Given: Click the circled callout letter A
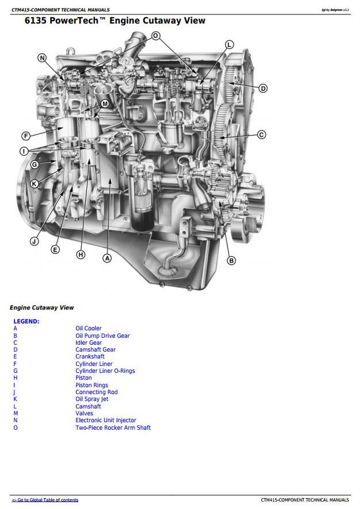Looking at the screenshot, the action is pyautogui.click(x=107, y=258).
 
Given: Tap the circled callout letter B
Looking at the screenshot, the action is pyautogui.click(x=231, y=260).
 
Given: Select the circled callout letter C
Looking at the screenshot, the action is pyautogui.click(x=261, y=134).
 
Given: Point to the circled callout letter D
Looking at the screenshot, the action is pyautogui.click(x=263, y=88).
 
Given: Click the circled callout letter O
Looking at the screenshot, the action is pyautogui.click(x=156, y=36).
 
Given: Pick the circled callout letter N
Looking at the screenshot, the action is pyautogui.click(x=42, y=58).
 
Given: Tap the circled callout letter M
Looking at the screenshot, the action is pyautogui.click(x=105, y=104).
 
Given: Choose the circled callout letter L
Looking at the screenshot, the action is pyautogui.click(x=229, y=45).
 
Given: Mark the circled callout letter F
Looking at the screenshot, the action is pyautogui.click(x=26, y=136).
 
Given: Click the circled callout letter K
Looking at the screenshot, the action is pyautogui.click(x=34, y=184).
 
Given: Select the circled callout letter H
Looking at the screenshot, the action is pyautogui.click(x=81, y=255).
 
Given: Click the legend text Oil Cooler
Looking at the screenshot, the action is pyautogui.click(x=89, y=329).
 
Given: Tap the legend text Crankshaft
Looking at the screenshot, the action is pyautogui.click(x=90, y=356).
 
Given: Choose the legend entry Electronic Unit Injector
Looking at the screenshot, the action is pyautogui.click(x=106, y=421).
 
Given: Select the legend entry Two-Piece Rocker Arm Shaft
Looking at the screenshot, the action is pyautogui.click(x=113, y=427).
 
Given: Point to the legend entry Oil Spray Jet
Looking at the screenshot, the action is pyautogui.click(x=92, y=399).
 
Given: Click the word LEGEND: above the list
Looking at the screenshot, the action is pyautogui.click(x=26, y=321).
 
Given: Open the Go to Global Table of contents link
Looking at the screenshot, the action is pyautogui.click(x=45, y=500).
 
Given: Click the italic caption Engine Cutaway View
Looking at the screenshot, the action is pyautogui.click(x=42, y=307).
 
